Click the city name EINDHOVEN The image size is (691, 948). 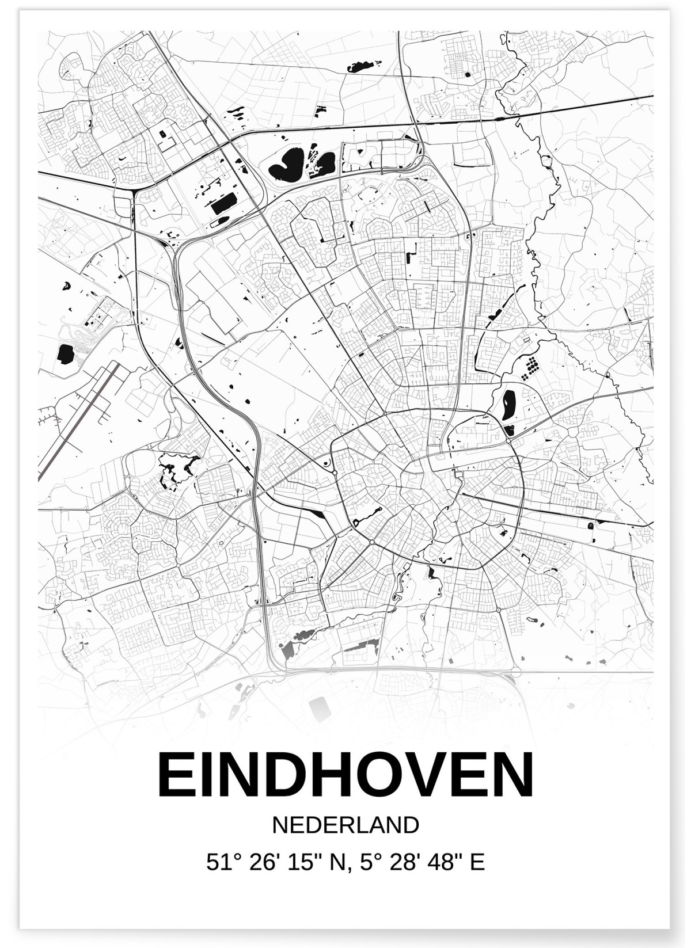pyautogui.click(x=345, y=775)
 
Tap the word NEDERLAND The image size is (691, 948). pyautogui.click(x=345, y=825)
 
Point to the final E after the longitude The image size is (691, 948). pyautogui.click(x=477, y=862)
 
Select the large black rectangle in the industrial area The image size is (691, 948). pyautogui.click(x=224, y=204)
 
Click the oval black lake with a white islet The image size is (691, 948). pyautogui.click(x=509, y=404)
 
